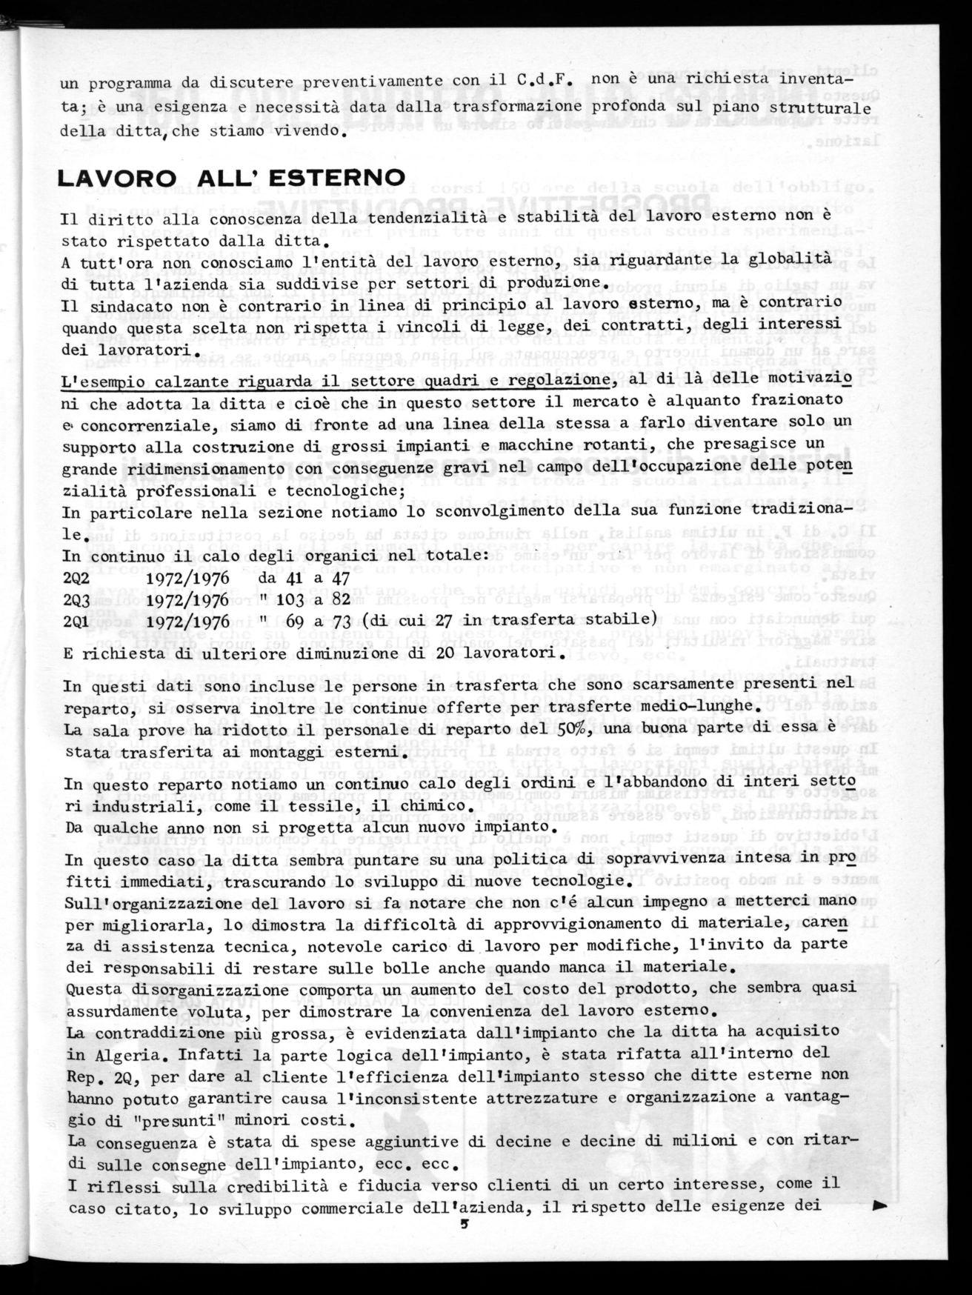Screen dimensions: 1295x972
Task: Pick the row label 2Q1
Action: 76,619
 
